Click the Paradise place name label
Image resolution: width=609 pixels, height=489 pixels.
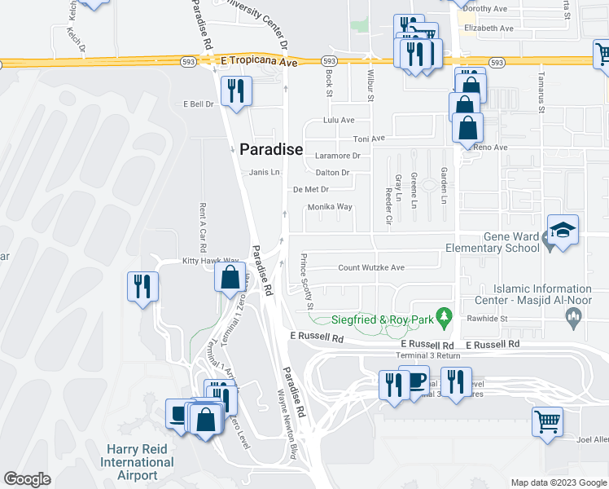[x=271, y=150]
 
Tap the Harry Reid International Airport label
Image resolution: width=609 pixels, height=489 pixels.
[x=137, y=462]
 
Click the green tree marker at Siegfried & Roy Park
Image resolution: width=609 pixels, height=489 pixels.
[x=444, y=314]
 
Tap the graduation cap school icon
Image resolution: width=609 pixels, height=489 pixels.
[x=563, y=231]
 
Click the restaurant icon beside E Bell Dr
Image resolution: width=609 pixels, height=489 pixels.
[x=235, y=91]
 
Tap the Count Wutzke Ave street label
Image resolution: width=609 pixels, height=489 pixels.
[x=371, y=267]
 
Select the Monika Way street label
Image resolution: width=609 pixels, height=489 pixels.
[x=330, y=207]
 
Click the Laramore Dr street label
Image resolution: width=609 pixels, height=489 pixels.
[x=338, y=155]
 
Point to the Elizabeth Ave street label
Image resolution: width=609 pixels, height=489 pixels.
[x=489, y=28]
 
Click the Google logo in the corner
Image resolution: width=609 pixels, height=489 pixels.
[x=27, y=479]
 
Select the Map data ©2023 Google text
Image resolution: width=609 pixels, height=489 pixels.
[x=559, y=482]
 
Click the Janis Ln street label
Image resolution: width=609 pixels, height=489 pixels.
[x=265, y=172]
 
